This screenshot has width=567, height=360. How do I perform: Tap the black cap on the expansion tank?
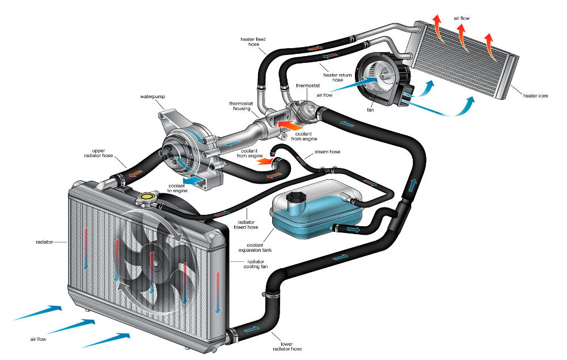point(296,198)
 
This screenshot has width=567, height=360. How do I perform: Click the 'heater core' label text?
point(536,96)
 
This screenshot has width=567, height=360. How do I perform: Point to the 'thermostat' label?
point(308,86)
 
